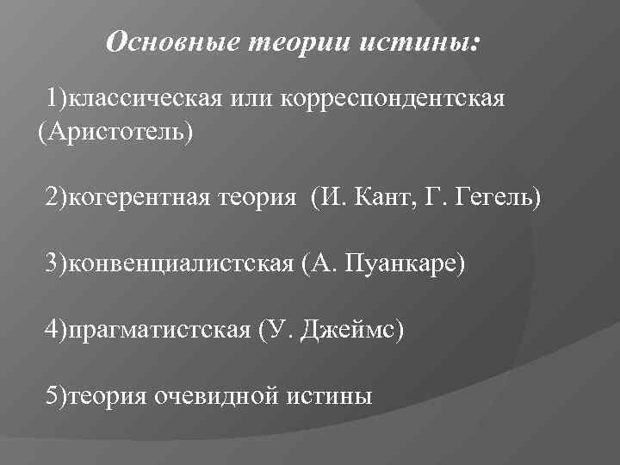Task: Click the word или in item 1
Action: (x=250, y=100)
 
